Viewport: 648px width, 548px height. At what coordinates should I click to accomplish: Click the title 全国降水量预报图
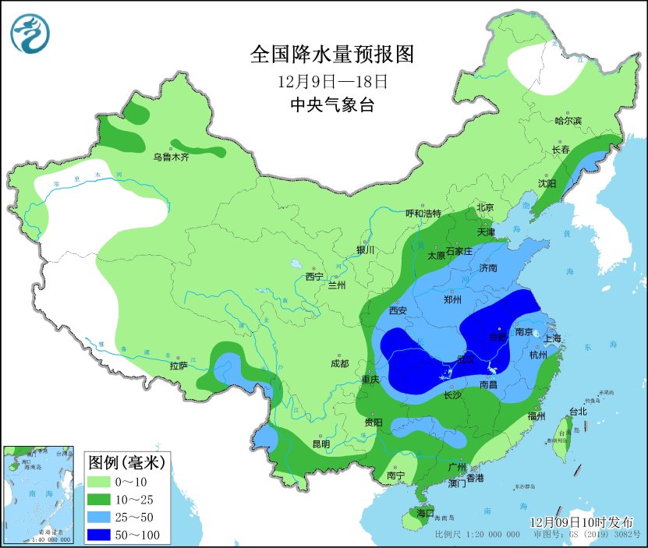331,55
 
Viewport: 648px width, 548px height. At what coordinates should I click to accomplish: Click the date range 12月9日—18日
332,81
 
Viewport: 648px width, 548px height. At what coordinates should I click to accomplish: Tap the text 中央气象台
331,105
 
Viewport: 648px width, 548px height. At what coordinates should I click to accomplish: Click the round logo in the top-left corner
30,34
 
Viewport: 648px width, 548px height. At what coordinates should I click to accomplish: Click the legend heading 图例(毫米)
126,462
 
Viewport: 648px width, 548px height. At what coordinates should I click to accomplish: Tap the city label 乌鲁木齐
171,157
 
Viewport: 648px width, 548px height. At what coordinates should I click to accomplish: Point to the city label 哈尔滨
568,121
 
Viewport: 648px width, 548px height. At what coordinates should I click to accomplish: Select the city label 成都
339,364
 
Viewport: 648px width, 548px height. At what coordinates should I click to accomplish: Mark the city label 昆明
320,444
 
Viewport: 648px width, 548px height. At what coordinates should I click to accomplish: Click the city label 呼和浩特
423,214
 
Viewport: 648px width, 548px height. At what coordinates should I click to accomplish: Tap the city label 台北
577,412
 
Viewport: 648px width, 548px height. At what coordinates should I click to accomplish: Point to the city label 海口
425,513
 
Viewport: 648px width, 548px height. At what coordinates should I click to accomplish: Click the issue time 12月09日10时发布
581,521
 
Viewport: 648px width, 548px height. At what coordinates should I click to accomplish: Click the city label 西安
399,309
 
